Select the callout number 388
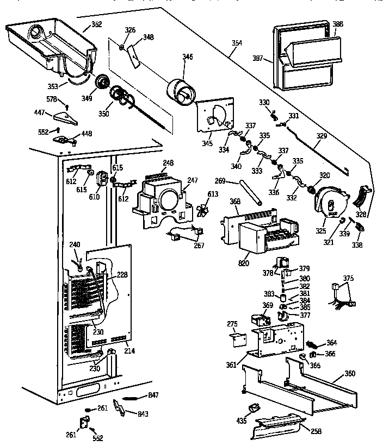337,24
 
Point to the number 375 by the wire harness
348,279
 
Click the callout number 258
316,431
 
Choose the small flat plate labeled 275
237,339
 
